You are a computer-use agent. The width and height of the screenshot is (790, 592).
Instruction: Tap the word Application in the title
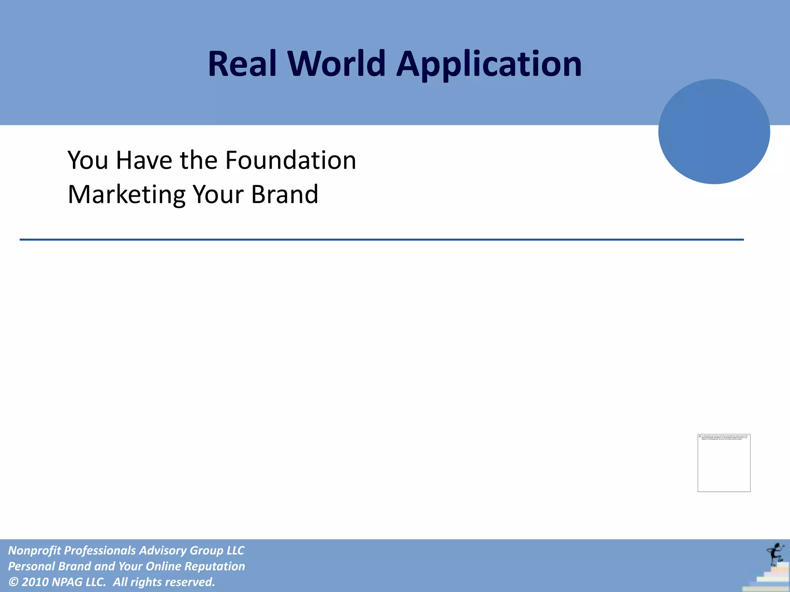pyautogui.click(x=489, y=65)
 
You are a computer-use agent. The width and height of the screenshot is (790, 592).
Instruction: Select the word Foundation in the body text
pyautogui.click(x=290, y=160)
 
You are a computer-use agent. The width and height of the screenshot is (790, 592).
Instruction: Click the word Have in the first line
pyautogui.click(x=143, y=160)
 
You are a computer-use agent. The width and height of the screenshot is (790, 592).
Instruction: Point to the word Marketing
pyautogui.click(x=127, y=195)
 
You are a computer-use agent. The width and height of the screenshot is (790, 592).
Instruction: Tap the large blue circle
pyautogui.click(x=714, y=131)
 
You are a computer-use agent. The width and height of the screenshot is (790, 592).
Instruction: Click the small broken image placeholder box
pyautogui.click(x=724, y=462)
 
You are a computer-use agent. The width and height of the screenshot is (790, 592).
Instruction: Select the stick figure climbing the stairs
pyautogui.click(x=775, y=553)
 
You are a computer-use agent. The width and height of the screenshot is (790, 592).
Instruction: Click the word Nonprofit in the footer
pyautogui.click(x=34, y=550)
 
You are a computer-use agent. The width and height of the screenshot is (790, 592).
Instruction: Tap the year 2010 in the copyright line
pyautogui.click(x=35, y=582)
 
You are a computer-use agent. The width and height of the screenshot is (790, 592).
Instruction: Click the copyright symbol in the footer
pyautogui.click(x=13, y=582)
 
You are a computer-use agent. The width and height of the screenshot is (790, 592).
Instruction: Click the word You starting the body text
pyautogui.click(x=88, y=160)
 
